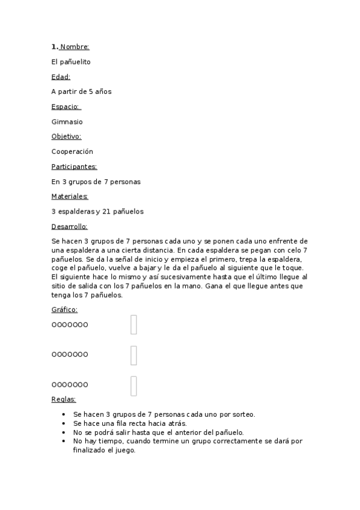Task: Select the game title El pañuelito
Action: (x=72, y=61)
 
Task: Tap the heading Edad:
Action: (x=61, y=76)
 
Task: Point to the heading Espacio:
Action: (x=66, y=106)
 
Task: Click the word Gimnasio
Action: (x=67, y=121)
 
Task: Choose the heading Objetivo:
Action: (x=66, y=137)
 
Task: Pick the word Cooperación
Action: (x=72, y=152)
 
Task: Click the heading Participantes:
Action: (x=74, y=167)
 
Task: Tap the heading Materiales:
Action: (x=70, y=196)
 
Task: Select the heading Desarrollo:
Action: (x=69, y=226)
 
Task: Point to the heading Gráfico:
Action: (x=64, y=310)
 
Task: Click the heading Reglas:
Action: (x=64, y=399)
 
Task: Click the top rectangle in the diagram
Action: (x=133, y=325)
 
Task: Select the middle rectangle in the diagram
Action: (x=133, y=355)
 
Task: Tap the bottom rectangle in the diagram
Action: (x=133, y=386)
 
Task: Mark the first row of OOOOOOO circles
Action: (x=70, y=325)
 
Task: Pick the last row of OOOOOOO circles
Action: (x=70, y=385)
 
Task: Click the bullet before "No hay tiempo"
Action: (x=64, y=441)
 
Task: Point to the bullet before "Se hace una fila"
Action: (x=64, y=423)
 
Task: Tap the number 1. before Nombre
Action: (x=55, y=46)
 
